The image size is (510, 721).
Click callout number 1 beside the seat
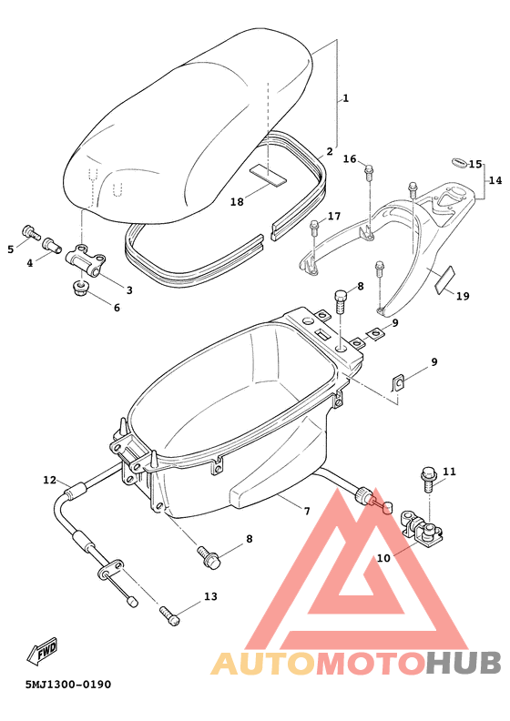click(345, 98)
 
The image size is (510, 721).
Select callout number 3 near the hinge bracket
click(128, 290)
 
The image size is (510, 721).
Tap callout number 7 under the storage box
click(307, 512)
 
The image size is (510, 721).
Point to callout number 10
click(382, 557)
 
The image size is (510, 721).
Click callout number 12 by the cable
click(50, 480)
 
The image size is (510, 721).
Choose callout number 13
click(210, 597)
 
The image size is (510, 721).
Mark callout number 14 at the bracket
click(495, 180)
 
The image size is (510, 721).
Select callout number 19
click(463, 296)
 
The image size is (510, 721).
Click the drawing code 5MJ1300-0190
click(68, 684)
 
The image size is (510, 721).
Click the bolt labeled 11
click(427, 475)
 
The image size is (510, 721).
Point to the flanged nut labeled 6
click(78, 289)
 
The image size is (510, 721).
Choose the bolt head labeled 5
click(29, 233)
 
